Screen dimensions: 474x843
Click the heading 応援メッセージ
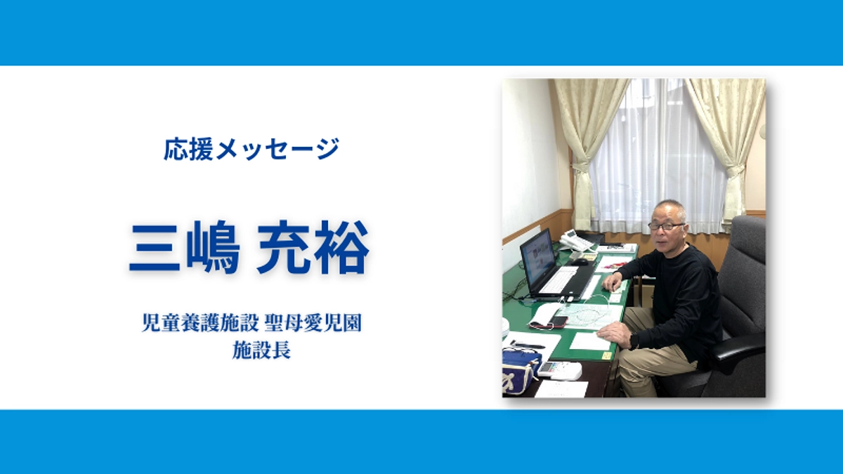[251, 150]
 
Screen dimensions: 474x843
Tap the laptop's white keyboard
[561, 280]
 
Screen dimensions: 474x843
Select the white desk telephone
[575, 241]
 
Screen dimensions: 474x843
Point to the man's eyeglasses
[665, 226]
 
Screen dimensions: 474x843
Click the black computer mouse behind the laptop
[580, 261]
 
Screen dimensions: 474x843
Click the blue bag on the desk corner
[518, 368]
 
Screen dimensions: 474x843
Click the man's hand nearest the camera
[614, 333]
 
